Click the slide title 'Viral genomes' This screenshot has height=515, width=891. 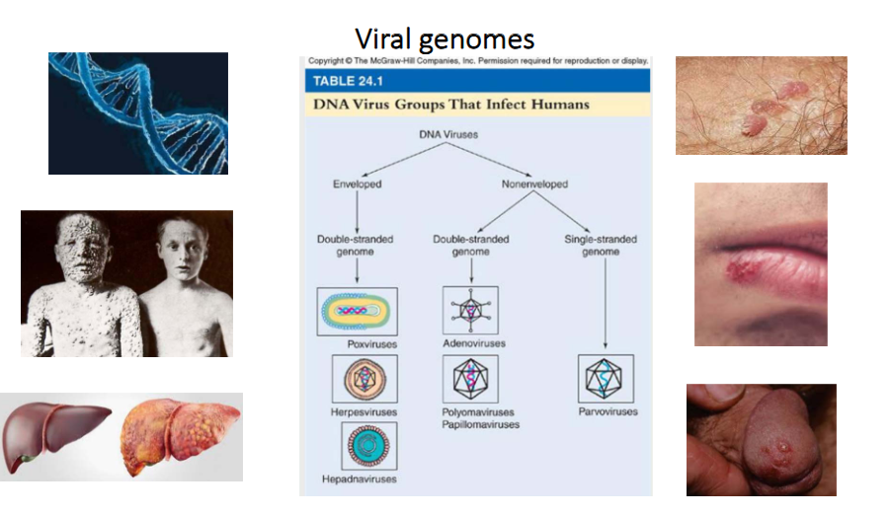tap(445, 38)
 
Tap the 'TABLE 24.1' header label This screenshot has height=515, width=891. tap(353, 80)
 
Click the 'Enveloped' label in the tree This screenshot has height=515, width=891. tap(357, 184)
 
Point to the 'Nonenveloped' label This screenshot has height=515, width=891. tap(534, 184)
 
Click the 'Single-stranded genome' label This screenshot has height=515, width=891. tap(607, 246)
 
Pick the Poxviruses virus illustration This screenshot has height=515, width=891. tap(357, 311)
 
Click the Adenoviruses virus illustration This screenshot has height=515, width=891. tap(471, 311)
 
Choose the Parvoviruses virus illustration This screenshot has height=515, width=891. tap(606, 379)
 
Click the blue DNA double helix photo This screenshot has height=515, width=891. tap(138, 113)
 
